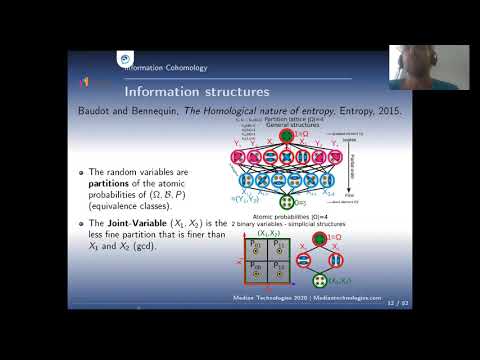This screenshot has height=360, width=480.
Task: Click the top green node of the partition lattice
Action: click(287, 135)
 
